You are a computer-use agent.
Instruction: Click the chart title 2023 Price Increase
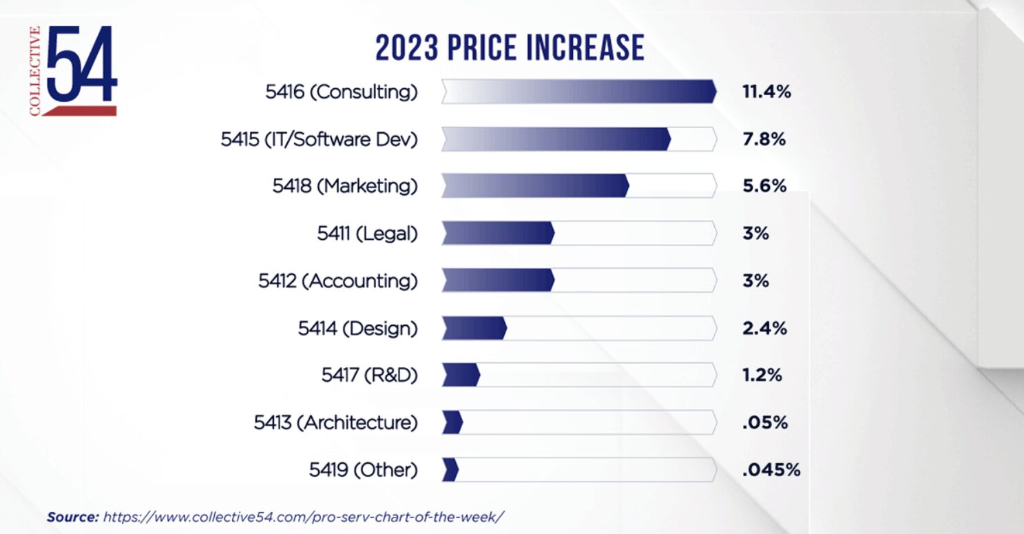tap(510, 48)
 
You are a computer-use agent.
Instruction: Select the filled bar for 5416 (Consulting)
tap(578, 92)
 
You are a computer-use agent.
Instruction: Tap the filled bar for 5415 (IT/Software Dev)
tap(556, 139)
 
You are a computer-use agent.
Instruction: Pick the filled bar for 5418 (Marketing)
tap(534, 186)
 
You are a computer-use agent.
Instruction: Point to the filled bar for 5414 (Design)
tap(474, 329)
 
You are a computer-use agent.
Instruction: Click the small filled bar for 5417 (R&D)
tap(461, 376)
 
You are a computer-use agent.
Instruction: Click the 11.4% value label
tap(766, 92)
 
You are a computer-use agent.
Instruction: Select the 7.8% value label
tap(764, 139)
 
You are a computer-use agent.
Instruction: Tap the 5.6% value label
tap(764, 186)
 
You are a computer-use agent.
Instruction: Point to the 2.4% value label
tap(764, 329)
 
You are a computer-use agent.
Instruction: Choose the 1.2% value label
tap(762, 376)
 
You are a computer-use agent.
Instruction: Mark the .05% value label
tap(764, 422)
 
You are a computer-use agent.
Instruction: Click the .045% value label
tap(771, 470)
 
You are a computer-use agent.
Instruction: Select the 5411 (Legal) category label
tap(367, 234)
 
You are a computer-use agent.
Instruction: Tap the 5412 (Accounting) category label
tap(337, 281)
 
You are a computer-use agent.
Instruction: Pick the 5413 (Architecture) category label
tap(335, 422)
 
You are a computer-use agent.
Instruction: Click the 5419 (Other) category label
tap(363, 470)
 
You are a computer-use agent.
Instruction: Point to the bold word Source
tap(73, 516)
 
